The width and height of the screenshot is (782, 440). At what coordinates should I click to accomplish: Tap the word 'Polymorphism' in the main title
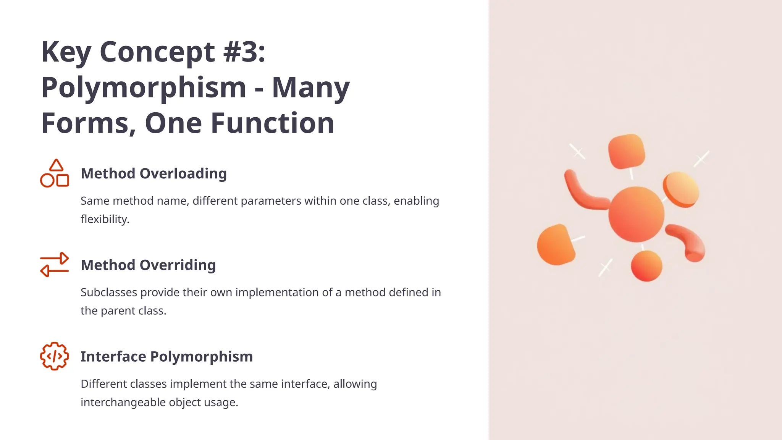[x=144, y=88]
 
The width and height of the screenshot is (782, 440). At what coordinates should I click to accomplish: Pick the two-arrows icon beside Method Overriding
[x=55, y=264]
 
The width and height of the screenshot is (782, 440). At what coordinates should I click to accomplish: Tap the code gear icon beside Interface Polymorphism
[x=55, y=356]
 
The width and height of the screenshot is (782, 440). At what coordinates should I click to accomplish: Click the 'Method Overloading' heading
[x=153, y=173]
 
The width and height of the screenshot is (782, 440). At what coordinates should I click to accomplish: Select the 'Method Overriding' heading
[x=148, y=265]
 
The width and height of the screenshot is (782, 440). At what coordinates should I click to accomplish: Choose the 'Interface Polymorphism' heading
[x=166, y=356]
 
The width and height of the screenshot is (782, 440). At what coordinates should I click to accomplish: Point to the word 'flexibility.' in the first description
[x=105, y=219]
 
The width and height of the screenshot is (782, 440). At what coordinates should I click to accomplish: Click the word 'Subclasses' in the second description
[x=109, y=293]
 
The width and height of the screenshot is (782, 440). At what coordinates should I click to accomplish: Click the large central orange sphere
[x=636, y=214]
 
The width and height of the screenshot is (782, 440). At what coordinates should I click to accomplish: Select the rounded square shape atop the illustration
[x=627, y=151]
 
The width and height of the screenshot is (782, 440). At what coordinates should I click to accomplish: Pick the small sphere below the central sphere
[x=646, y=266]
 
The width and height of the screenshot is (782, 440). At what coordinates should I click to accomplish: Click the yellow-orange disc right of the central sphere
[x=682, y=189]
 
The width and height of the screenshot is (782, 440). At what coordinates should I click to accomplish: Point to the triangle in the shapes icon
[x=56, y=165]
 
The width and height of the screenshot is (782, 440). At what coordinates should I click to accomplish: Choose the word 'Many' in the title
[x=310, y=88]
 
